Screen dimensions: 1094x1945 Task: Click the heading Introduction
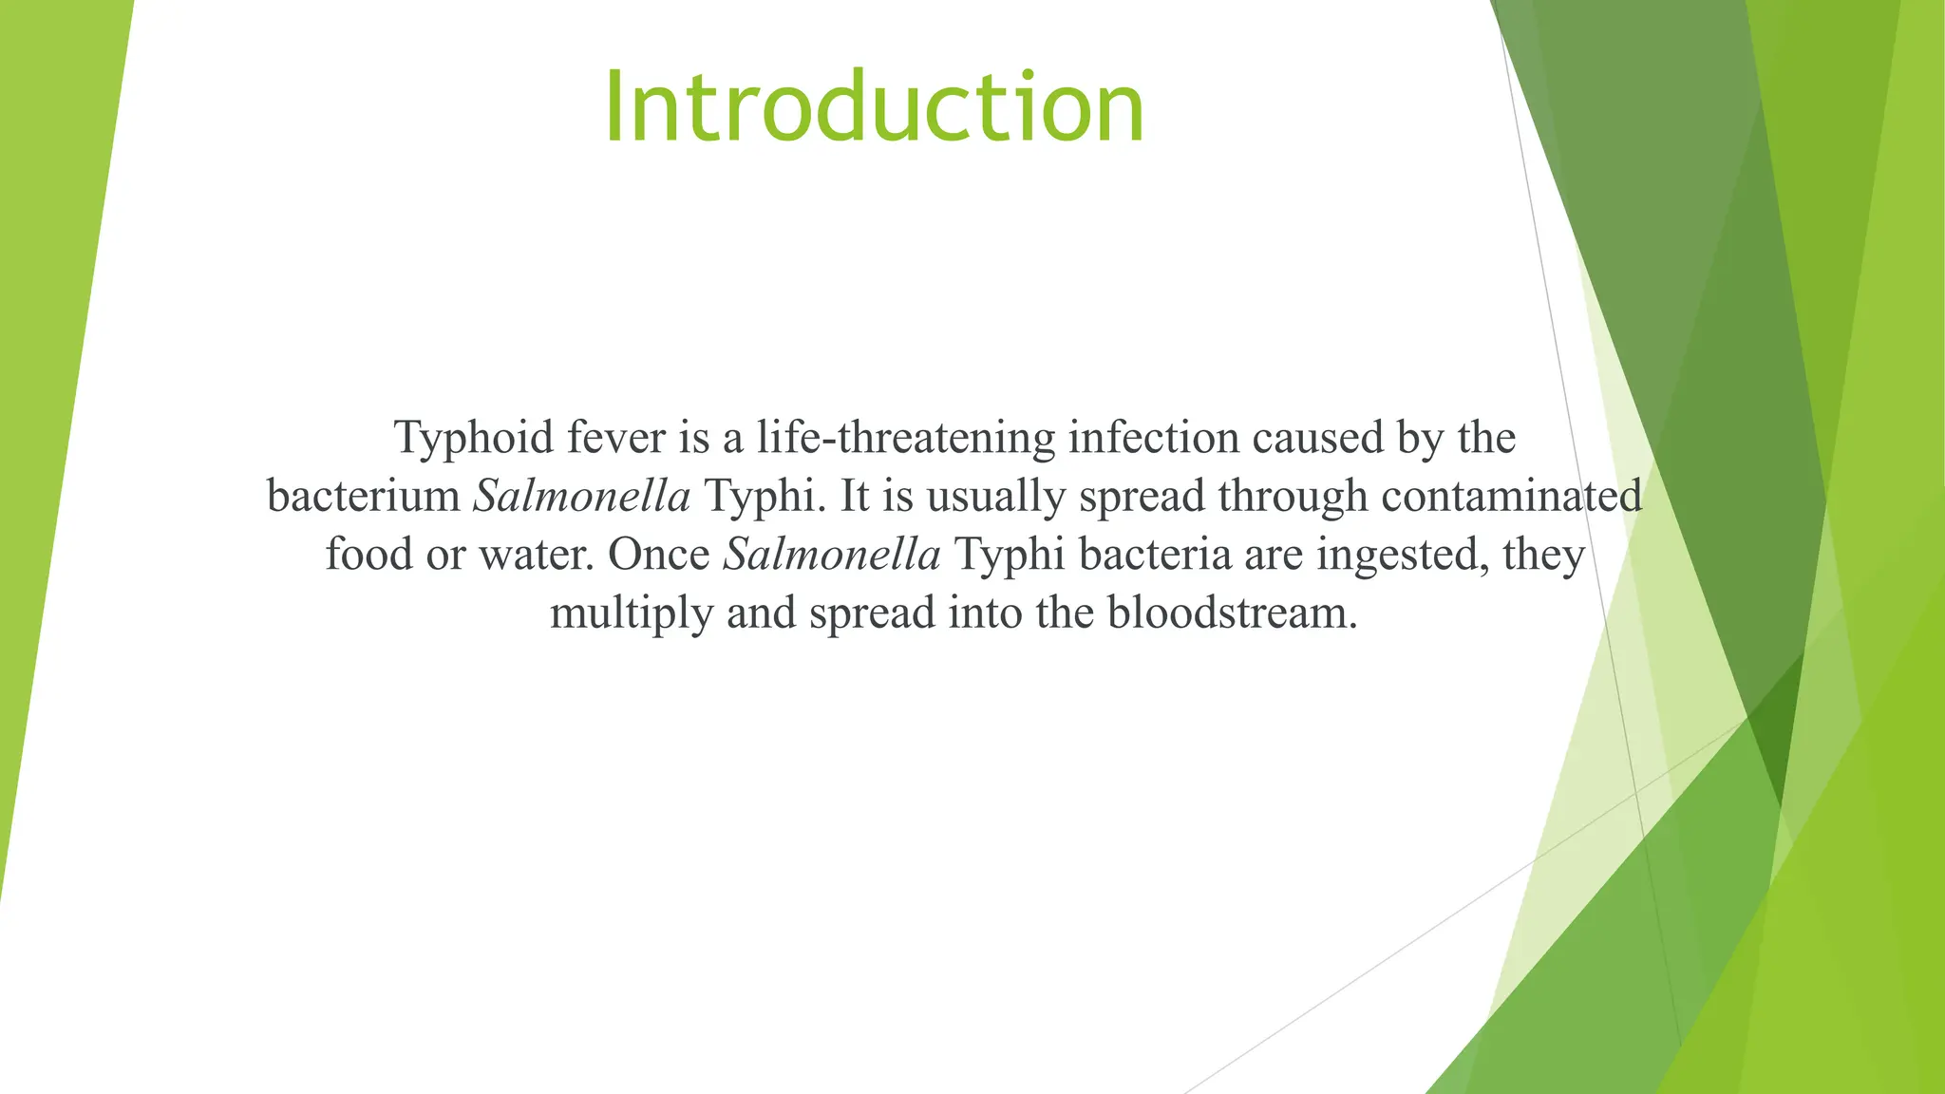874,107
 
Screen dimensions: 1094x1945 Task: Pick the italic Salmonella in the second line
581,497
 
